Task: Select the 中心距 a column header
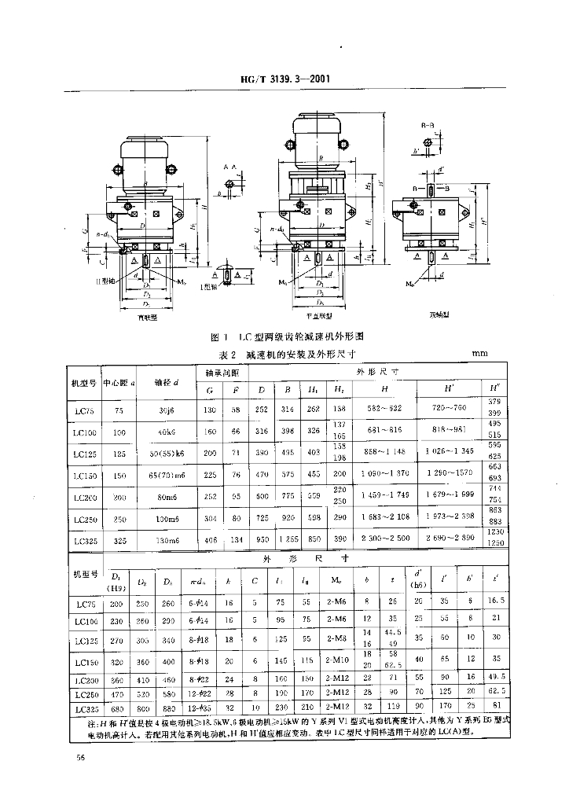point(119,383)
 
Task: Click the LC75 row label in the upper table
point(83,410)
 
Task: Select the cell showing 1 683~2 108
point(384,519)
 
